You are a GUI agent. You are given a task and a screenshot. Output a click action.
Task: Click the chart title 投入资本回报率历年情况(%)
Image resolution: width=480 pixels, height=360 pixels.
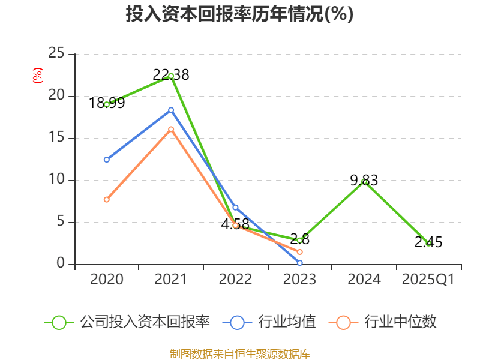[x=239, y=14]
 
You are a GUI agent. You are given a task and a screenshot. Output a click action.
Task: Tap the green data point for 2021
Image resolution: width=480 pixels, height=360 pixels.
[x=171, y=76]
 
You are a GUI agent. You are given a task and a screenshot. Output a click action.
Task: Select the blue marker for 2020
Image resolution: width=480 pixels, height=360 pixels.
[x=107, y=160]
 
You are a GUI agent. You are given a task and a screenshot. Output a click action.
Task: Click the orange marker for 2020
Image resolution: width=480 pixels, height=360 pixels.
[x=107, y=199]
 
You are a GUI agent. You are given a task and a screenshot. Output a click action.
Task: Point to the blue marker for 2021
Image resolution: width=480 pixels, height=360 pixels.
[x=171, y=110]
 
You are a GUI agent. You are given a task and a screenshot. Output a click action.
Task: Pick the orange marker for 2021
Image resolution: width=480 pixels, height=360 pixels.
[x=171, y=129]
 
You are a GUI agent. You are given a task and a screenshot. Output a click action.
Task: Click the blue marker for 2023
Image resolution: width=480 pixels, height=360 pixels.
[x=299, y=263]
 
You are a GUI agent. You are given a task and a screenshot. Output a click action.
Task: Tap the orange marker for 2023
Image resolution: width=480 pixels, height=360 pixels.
[x=299, y=252]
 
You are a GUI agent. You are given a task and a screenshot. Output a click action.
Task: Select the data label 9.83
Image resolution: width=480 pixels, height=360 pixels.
[x=364, y=180]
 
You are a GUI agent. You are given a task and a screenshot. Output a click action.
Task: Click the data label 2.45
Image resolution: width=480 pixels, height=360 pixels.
[x=428, y=242]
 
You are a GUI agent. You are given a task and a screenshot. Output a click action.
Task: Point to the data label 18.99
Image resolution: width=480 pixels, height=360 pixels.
[x=107, y=103]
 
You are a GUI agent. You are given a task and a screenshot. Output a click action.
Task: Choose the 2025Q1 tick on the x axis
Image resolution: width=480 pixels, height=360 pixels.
[x=428, y=280]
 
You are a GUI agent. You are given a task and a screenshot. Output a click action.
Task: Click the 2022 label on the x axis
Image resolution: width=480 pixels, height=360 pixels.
[x=235, y=280]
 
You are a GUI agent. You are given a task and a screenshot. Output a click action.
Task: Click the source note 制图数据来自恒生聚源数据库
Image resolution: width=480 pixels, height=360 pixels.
[x=239, y=353]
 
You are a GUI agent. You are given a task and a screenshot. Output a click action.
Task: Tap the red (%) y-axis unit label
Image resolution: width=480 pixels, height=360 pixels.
[x=38, y=76]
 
